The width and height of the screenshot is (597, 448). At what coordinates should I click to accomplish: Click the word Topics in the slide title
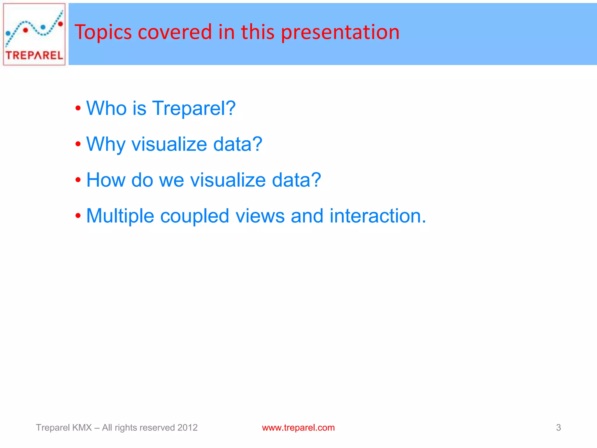click(x=103, y=32)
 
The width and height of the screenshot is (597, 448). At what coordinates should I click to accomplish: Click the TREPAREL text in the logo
click(x=34, y=55)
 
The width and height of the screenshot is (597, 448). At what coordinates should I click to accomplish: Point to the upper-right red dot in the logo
click(x=60, y=24)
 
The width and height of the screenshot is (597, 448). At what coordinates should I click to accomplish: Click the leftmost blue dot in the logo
click(x=8, y=34)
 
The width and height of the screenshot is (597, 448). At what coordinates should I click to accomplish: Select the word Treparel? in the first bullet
click(x=194, y=108)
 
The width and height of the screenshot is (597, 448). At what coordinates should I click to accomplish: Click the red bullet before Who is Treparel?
click(x=78, y=108)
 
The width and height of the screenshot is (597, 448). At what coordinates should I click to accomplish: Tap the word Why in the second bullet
click(x=106, y=144)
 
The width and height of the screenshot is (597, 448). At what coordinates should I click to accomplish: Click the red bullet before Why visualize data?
click(x=78, y=144)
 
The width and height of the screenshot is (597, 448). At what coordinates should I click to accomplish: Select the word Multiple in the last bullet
click(x=120, y=216)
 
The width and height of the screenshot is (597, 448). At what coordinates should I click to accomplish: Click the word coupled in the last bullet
click(x=194, y=216)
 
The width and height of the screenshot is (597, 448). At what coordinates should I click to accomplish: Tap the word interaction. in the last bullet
click(x=378, y=216)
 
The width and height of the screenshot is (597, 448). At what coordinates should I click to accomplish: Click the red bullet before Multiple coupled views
click(x=78, y=216)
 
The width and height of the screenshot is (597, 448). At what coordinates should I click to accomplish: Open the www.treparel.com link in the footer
click(x=298, y=428)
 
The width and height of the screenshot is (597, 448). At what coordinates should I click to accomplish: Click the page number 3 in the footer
click(x=558, y=428)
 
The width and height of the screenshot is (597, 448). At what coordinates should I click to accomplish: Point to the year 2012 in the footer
click(x=187, y=428)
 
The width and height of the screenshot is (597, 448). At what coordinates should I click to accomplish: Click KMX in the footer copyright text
click(x=82, y=428)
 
